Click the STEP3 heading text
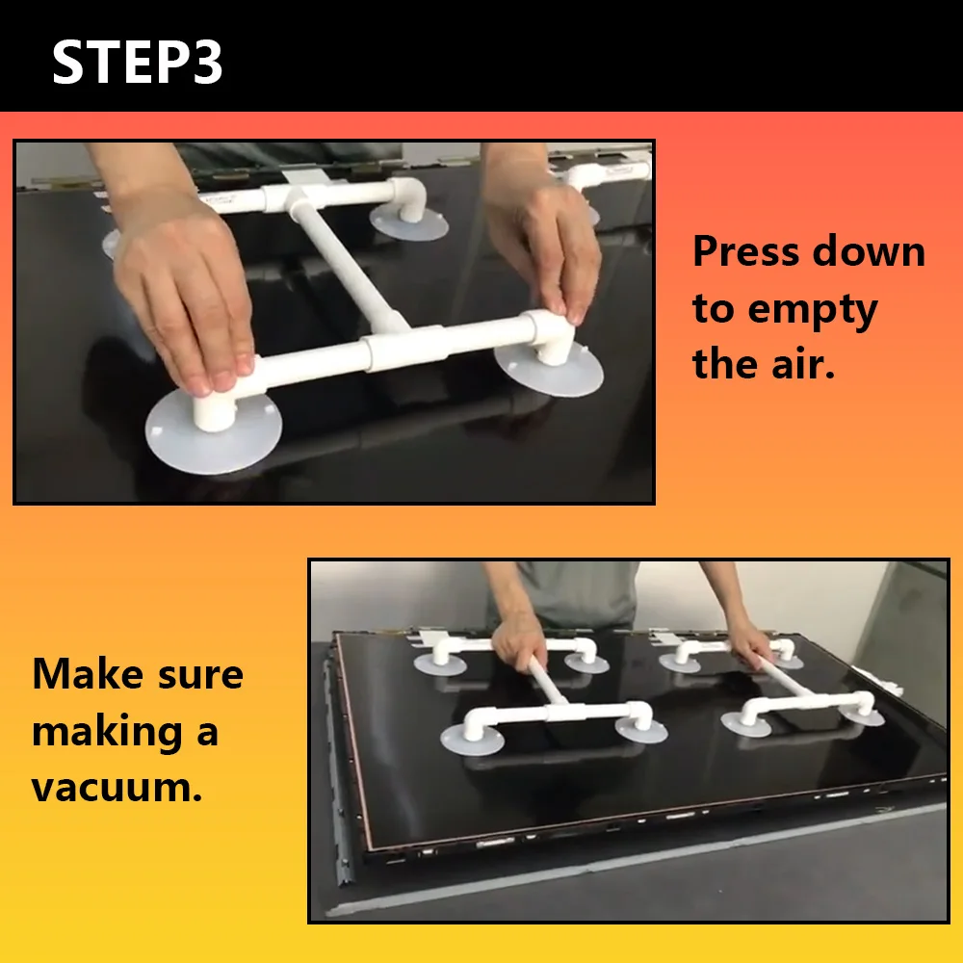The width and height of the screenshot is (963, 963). pos(138,62)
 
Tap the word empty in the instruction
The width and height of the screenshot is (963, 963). pos(813,310)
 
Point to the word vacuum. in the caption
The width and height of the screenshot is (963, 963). pos(117,787)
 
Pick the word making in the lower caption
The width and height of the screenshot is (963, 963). pos(108,732)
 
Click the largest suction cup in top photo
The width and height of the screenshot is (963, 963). pos(213,433)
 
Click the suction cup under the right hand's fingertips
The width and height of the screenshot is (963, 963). pos(549,369)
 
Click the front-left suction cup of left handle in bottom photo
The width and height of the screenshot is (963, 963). pos(472,740)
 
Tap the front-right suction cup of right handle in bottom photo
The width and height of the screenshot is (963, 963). pos(862,716)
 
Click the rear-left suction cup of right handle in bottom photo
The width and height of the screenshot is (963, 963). pos(680,663)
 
